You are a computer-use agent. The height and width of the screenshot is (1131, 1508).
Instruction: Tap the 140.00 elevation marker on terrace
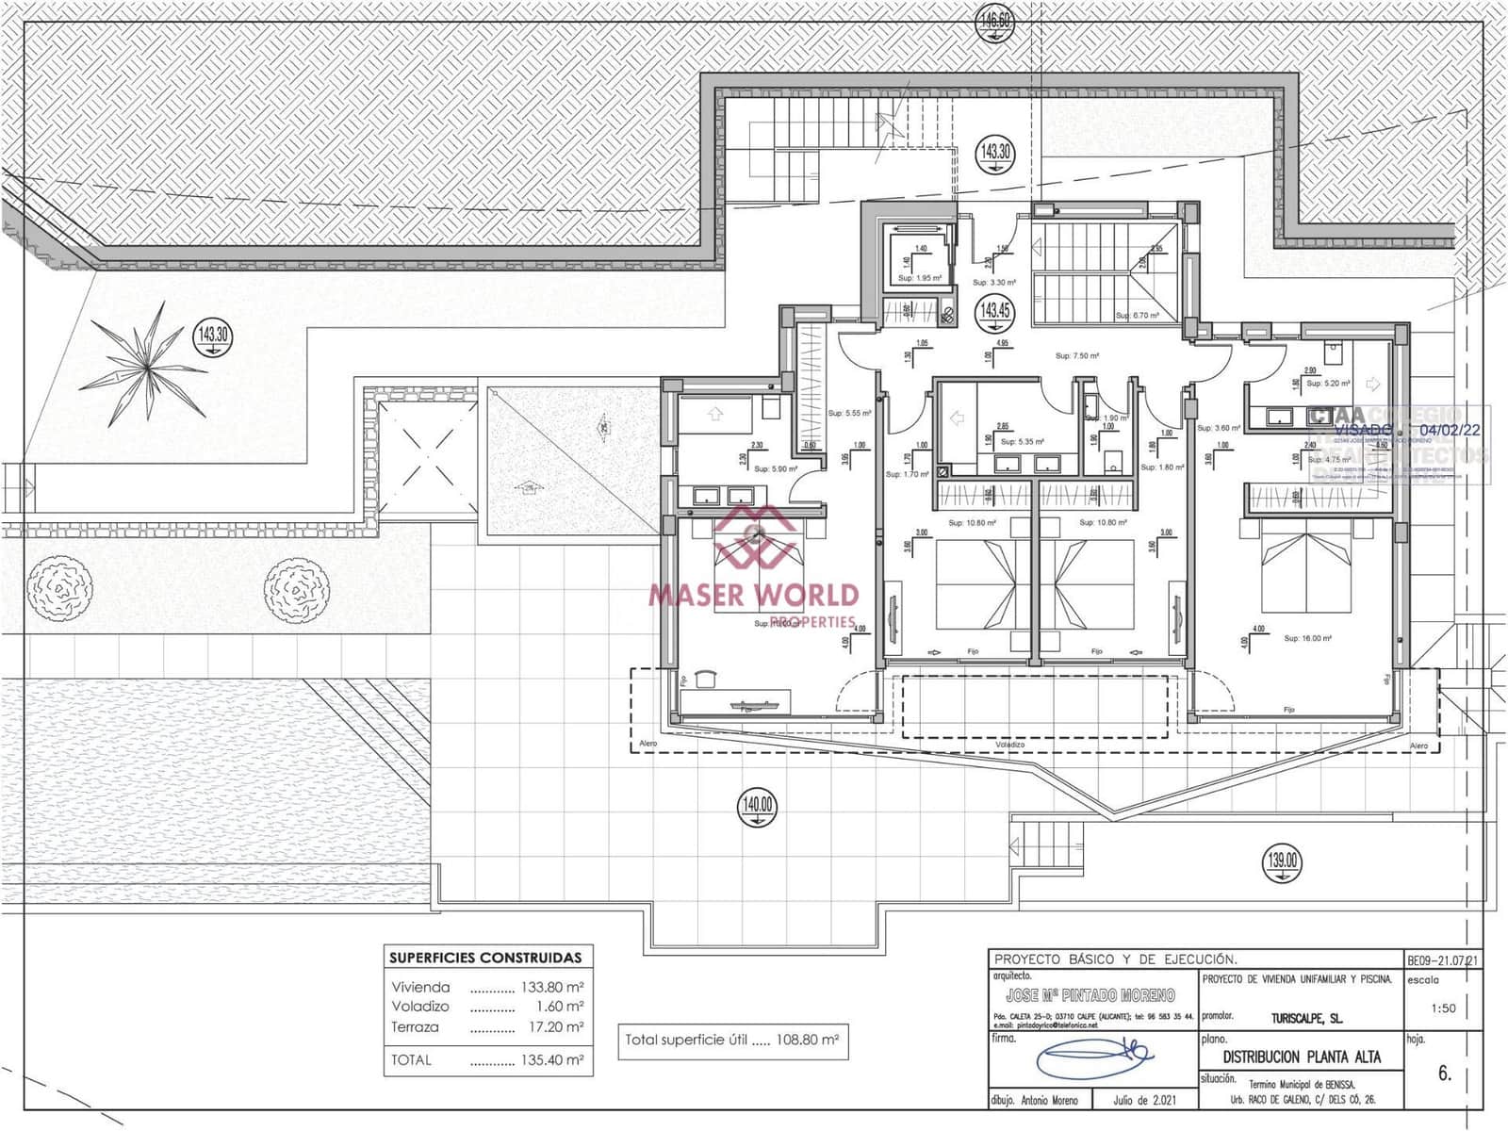(758, 805)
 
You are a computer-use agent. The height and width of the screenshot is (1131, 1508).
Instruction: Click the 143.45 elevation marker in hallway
(995, 309)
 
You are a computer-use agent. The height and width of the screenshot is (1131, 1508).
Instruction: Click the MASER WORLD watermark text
(753, 595)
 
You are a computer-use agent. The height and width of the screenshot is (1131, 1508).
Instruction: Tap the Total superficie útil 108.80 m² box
(732, 1041)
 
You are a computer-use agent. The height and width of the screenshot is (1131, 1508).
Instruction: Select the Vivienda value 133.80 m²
(551, 988)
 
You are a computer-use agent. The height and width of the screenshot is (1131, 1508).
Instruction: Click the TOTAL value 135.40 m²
(551, 1060)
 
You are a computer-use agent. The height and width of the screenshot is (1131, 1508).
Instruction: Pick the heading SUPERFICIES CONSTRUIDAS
(485, 958)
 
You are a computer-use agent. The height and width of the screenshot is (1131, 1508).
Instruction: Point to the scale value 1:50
(1442, 1008)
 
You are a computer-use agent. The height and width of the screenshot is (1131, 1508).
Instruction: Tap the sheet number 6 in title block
(1445, 1074)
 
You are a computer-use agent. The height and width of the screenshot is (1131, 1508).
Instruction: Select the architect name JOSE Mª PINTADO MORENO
(1090, 995)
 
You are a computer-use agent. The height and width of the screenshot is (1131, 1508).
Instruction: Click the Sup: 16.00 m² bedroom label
(1307, 638)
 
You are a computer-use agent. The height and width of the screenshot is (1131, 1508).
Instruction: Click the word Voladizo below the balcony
(1009, 744)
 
